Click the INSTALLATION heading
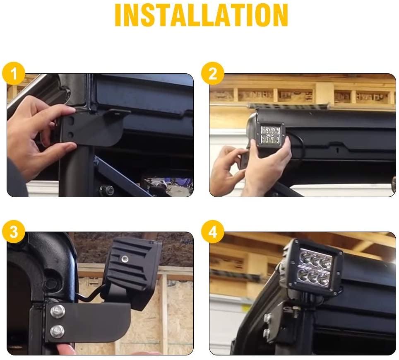[x=201, y=16]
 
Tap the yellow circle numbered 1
[x=13, y=75]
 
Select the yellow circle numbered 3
[x=13, y=232]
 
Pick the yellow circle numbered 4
[x=212, y=232]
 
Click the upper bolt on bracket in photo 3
[x=58, y=311]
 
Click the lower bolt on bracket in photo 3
[x=58, y=331]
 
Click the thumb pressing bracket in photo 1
[x=62, y=147]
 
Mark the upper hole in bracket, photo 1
[x=72, y=121]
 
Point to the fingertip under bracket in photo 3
[x=66, y=349]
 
